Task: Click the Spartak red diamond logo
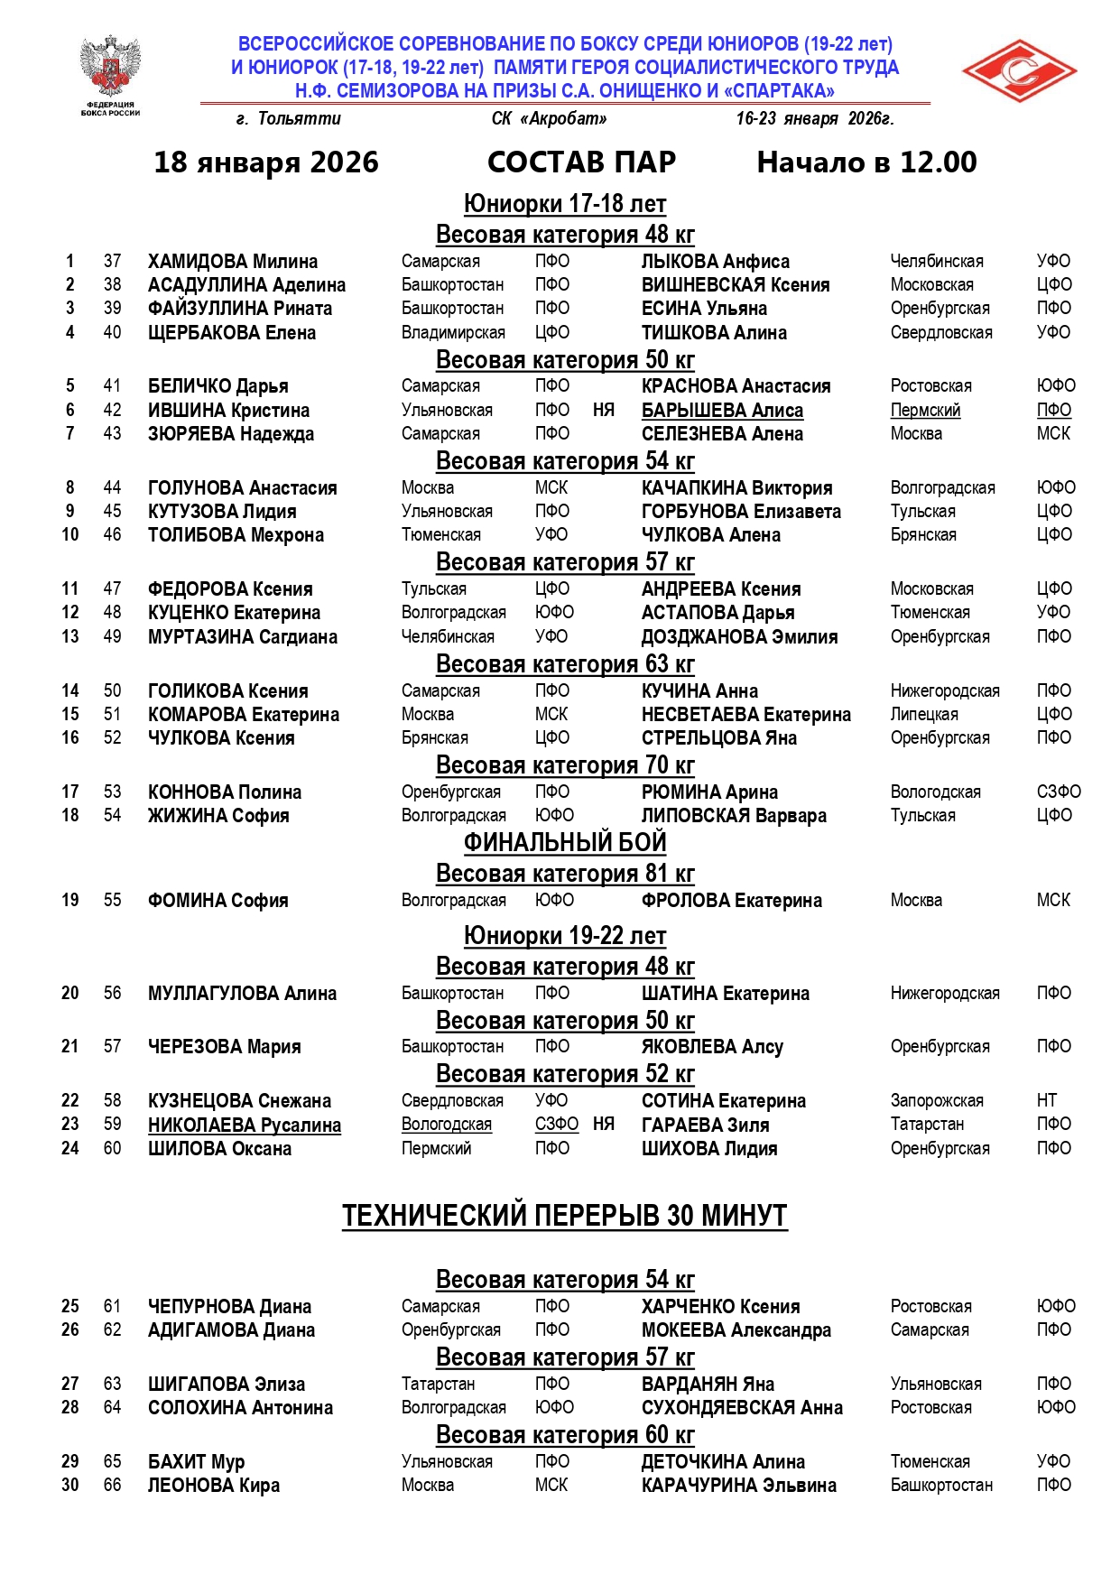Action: pos(1019,71)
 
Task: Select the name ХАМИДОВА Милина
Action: pos(233,262)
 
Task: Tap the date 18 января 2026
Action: pos(266,162)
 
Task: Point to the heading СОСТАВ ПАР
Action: pos(581,162)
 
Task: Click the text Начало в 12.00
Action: pos(866,162)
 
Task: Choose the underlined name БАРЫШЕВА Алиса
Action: pos(722,411)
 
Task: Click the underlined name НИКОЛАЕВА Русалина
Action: pos(245,1125)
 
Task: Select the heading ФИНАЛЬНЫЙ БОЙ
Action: pos(565,843)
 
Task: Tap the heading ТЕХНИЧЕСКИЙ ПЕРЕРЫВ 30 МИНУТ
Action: pos(565,1216)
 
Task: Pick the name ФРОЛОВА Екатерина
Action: pos(731,901)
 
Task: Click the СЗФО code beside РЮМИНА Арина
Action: pos(1059,792)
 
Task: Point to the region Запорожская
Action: pos(937,1101)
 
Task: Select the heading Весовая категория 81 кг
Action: pos(565,874)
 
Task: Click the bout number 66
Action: pos(112,1486)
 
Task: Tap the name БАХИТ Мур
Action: pos(196,1462)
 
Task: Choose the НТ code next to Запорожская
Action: pos(1047,1101)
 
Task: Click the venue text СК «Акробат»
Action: pos(549,119)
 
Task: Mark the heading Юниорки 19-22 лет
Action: pos(565,936)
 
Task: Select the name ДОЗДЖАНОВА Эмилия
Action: pos(739,637)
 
